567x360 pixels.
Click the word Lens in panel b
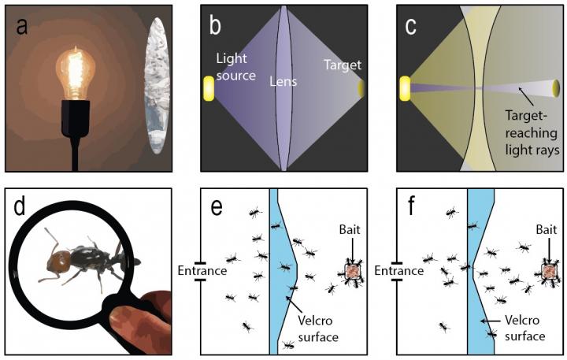coord(283,81)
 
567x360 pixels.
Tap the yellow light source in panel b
coord(208,88)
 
